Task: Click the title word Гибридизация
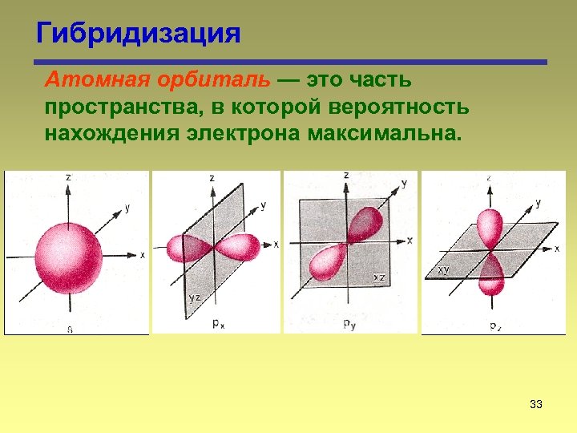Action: pyautogui.click(x=138, y=33)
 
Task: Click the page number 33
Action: pyautogui.click(x=536, y=404)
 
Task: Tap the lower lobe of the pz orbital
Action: pyautogui.click(x=490, y=275)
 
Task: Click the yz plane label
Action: pyautogui.click(x=195, y=298)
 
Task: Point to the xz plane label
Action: pyautogui.click(x=380, y=277)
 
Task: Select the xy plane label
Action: pyautogui.click(x=443, y=270)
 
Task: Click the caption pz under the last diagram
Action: pyautogui.click(x=494, y=326)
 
